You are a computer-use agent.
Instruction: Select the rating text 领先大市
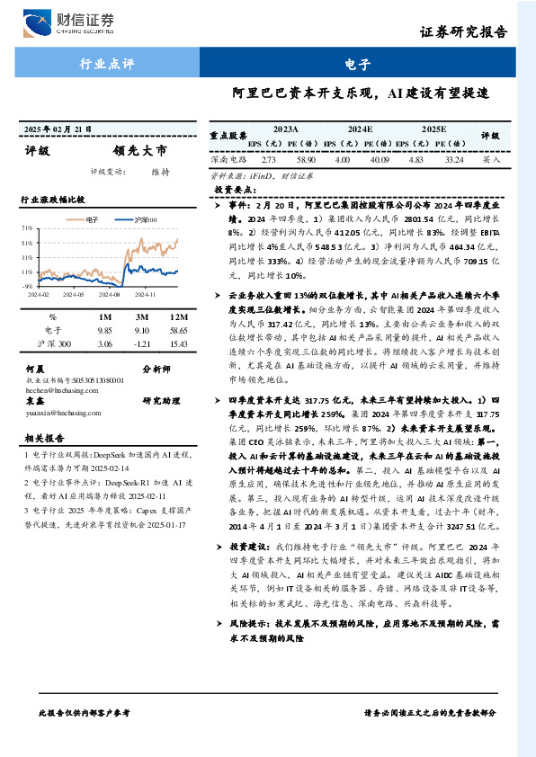click(x=139, y=151)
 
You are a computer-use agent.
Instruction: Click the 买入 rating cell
click(x=490, y=158)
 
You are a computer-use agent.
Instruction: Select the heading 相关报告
click(x=46, y=438)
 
